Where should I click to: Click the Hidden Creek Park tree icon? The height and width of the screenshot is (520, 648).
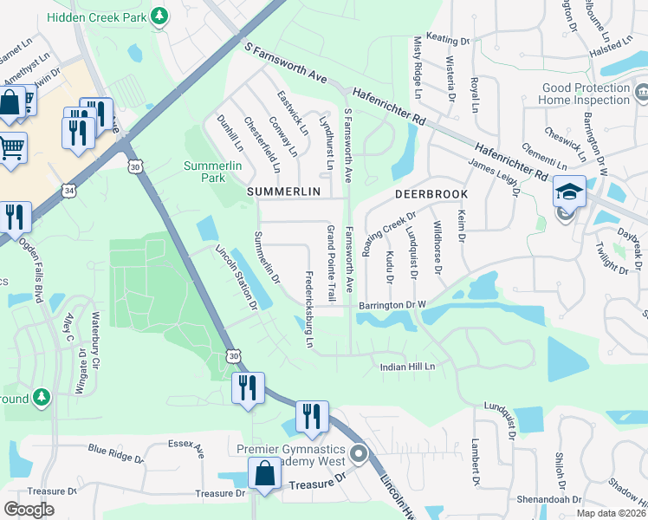click(159, 16)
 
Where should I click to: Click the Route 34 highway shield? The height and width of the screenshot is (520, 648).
click(68, 189)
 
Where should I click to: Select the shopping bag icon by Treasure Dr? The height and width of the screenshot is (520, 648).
click(264, 474)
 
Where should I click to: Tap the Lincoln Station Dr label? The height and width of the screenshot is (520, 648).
click(237, 276)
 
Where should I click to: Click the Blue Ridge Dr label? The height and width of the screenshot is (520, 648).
click(116, 453)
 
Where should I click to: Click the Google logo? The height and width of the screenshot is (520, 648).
click(29, 510)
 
